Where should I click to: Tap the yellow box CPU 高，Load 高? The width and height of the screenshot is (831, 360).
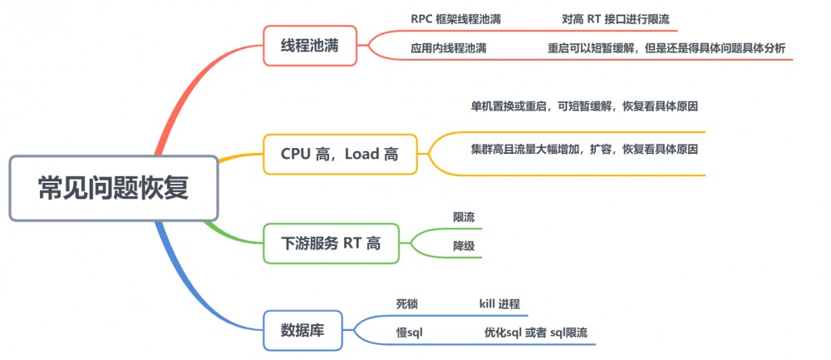pyautogui.click(x=340, y=154)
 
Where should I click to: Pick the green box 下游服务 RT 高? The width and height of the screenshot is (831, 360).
pyautogui.click(x=331, y=244)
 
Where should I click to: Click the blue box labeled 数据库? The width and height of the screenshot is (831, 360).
pyautogui.click(x=302, y=330)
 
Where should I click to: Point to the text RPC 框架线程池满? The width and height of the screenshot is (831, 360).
pyautogui.click(x=455, y=18)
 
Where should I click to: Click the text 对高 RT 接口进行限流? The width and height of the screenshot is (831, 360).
pyautogui.click(x=616, y=18)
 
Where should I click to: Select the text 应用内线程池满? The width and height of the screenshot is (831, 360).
pyautogui.click(x=449, y=48)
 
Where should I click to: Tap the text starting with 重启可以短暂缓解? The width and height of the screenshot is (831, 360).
pyautogui.click(x=666, y=48)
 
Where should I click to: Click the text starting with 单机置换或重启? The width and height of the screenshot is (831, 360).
pyautogui.click(x=583, y=106)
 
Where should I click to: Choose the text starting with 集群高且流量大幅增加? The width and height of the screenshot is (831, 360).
pyautogui.click(x=583, y=150)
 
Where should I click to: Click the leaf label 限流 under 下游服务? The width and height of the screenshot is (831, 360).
pyautogui.click(x=464, y=217)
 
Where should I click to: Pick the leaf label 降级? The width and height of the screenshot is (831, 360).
pyautogui.click(x=464, y=246)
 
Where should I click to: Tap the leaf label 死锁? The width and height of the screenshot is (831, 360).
pyautogui.click(x=407, y=303)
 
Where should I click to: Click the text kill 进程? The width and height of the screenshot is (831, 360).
pyautogui.click(x=499, y=303)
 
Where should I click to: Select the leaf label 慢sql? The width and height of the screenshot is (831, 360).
pyautogui.click(x=411, y=333)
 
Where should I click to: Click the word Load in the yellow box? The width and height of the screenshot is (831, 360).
pyautogui.click(x=363, y=154)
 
